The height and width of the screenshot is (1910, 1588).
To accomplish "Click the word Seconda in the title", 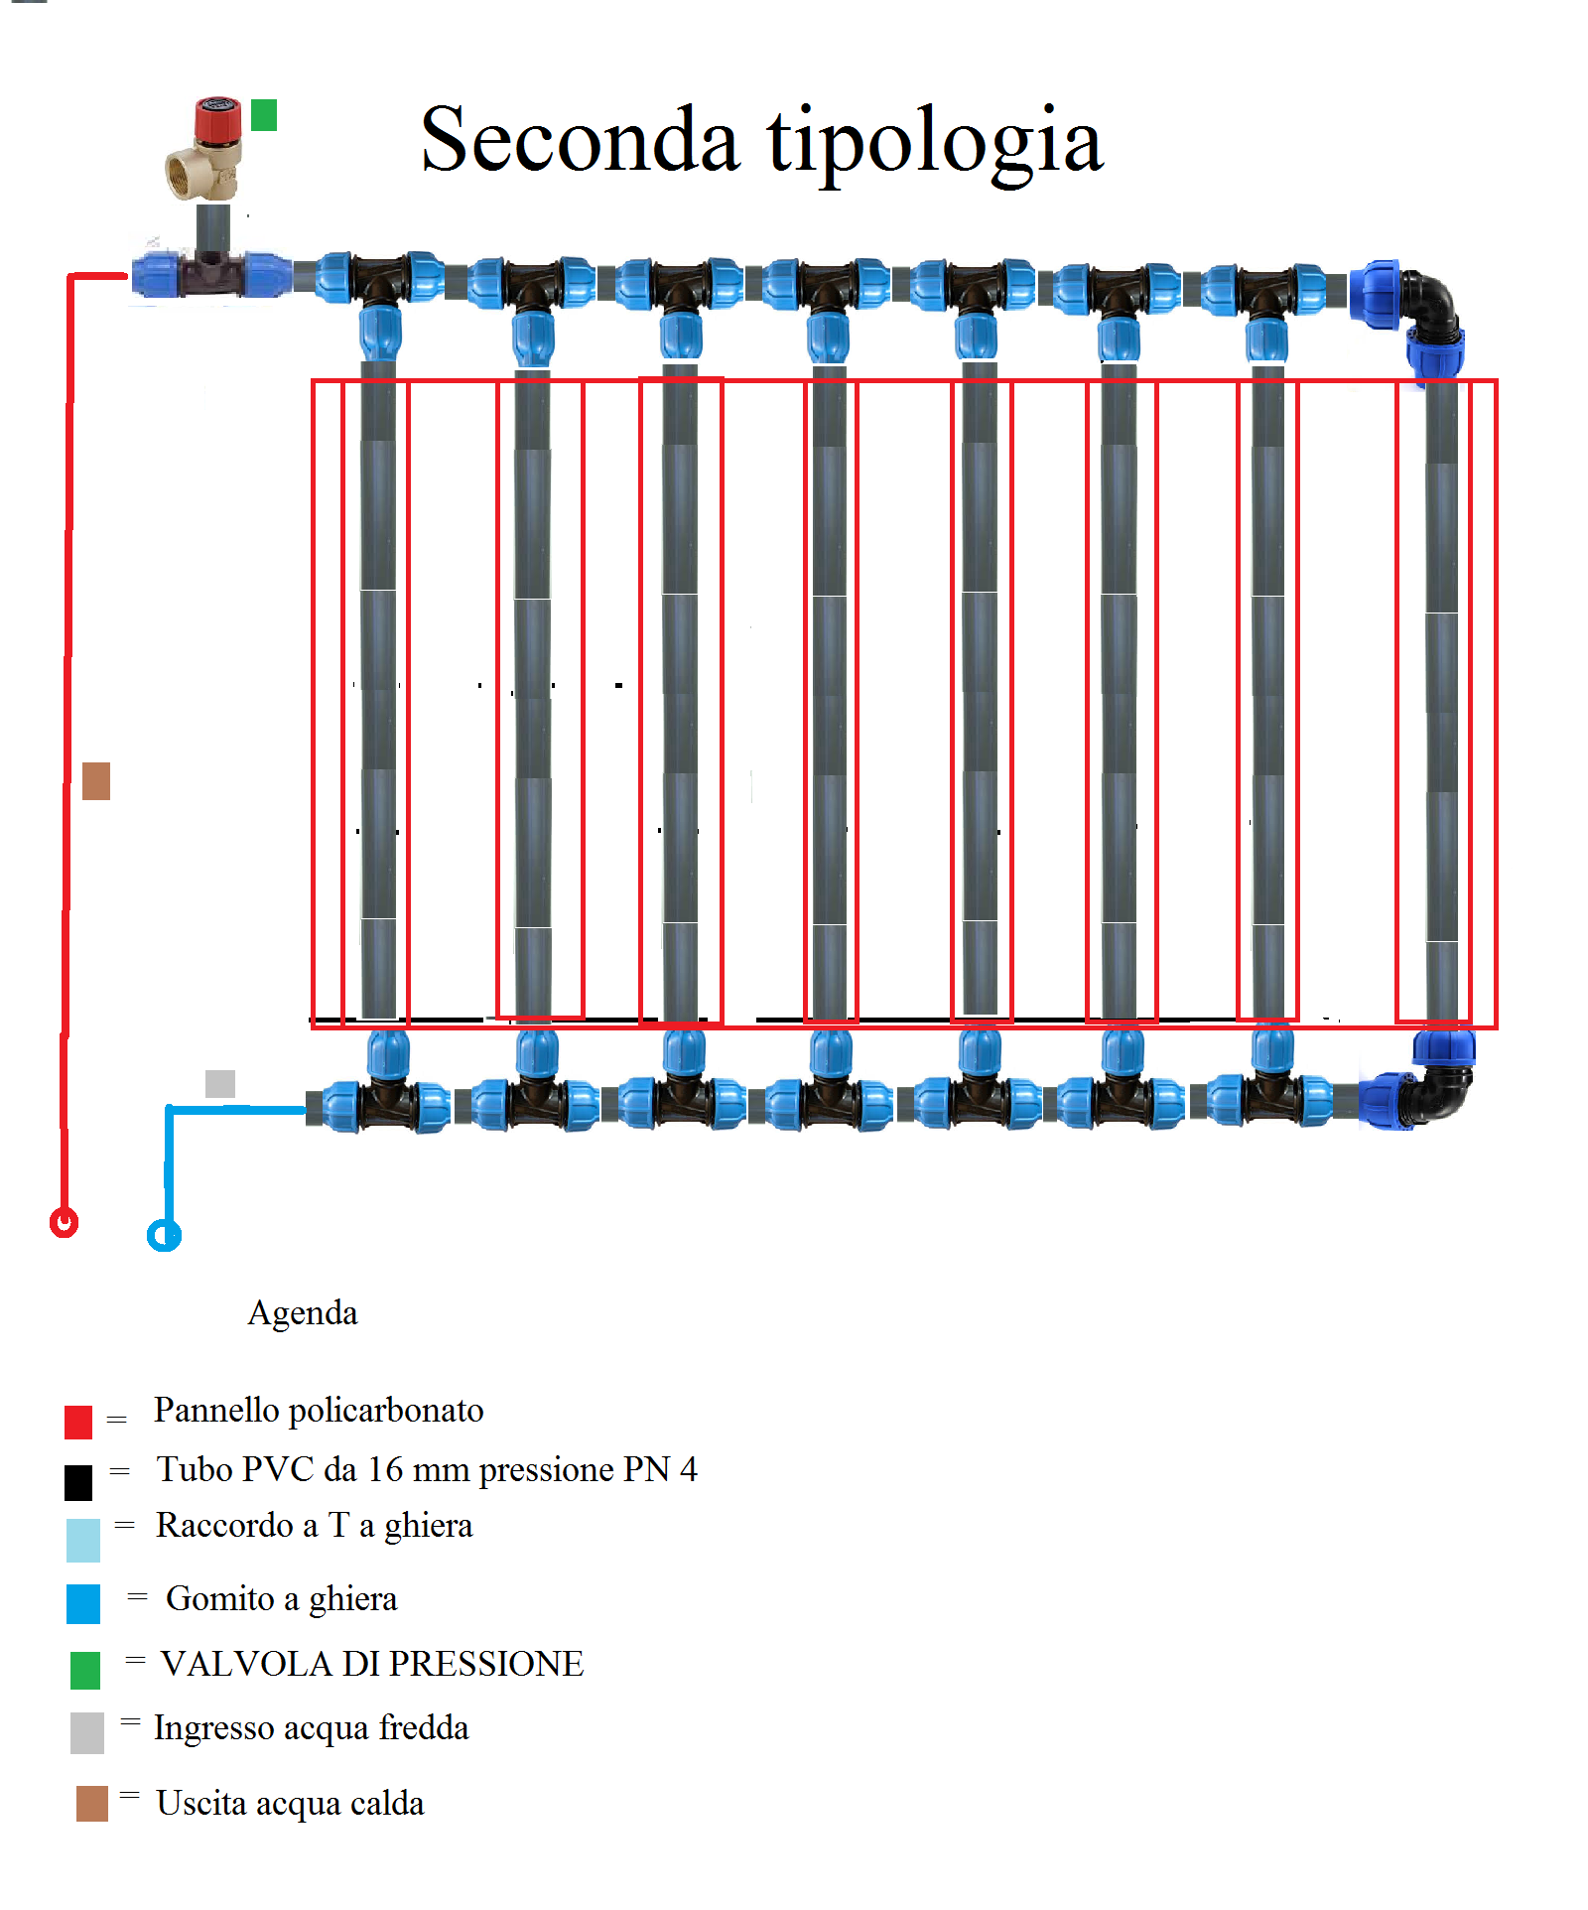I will pyautogui.click(x=580, y=141).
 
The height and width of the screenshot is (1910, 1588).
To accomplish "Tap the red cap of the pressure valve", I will pyautogui.click(x=217, y=119).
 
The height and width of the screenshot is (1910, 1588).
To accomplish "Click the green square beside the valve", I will pyautogui.click(x=264, y=115).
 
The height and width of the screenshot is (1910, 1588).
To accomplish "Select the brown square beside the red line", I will pyautogui.click(x=96, y=781).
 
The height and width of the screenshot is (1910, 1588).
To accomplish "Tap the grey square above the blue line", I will pyautogui.click(x=220, y=1083).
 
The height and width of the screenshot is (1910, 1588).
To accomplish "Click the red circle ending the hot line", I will pyautogui.click(x=65, y=1222).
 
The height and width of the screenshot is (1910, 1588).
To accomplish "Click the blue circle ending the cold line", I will pyautogui.click(x=165, y=1236).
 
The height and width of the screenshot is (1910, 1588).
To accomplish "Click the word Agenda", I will pyautogui.click(x=303, y=1313).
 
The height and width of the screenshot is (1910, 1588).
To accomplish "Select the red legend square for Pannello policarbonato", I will pyautogui.click(x=78, y=1422).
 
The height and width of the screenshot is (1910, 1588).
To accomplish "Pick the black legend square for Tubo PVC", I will pyautogui.click(x=78, y=1482).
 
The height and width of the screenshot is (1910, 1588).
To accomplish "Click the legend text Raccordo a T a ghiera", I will pyautogui.click(x=314, y=1526).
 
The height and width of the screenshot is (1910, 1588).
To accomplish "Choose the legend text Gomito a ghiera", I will pyautogui.click(x=281, y=1599).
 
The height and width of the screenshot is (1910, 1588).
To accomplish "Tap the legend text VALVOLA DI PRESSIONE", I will pyautogui.click(x=372, y=1664).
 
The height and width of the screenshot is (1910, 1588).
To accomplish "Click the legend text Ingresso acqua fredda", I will pyautogui.click(x=311, y=1728).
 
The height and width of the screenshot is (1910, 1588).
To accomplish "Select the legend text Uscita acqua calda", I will pyautogui.click(x=290, y=1804).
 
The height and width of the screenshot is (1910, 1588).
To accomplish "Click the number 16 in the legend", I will pyautogui.click(x=385, y=1470).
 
